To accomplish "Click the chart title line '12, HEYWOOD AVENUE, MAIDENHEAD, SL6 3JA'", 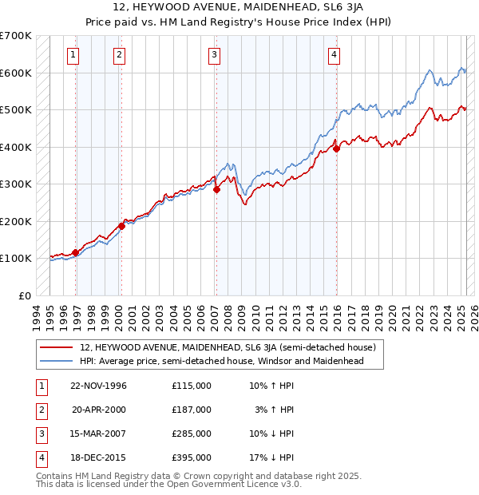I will click(239, 8).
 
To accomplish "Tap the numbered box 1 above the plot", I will click(73, 55).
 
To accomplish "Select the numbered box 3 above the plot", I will click(215, 55).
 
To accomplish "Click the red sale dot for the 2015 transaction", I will click(336, 148).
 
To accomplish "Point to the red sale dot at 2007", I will click(216, 189).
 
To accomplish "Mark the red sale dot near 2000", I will click(121, 226).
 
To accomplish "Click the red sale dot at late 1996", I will click(75, 253).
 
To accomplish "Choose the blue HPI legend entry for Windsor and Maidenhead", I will click(221, 361).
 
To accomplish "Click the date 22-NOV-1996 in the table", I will click(99, 386).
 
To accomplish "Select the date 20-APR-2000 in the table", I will click(100, 410).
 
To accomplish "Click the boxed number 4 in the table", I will click(39, 457).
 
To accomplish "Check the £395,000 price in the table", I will click(192, 457).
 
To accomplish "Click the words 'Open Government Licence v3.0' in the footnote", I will click(236, 484).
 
